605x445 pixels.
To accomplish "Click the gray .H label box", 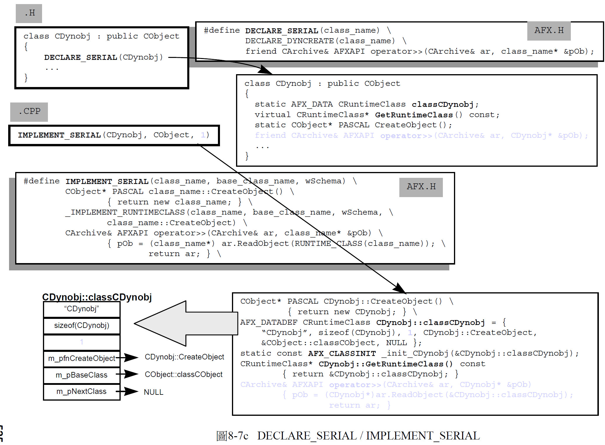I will (29, 13).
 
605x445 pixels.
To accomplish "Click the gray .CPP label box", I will (29, 112).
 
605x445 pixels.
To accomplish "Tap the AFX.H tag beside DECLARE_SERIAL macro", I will (549, 31).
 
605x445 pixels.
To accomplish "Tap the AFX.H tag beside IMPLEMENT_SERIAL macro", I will (421, 187).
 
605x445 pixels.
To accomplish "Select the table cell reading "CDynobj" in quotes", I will (82, 309).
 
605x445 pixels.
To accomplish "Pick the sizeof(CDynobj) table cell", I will (82, 326).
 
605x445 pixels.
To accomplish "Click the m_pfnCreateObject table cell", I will (82, 359).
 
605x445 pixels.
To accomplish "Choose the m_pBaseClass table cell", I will (82, 375).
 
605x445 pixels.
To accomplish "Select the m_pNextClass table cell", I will (82, 392).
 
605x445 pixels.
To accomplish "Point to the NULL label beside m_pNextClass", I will (153, 392).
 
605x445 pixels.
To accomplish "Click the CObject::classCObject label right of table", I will (183, 375).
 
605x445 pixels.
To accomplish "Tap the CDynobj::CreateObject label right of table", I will (184, 357).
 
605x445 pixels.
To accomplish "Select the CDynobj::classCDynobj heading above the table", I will (97, 297).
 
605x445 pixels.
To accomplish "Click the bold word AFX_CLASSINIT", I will (342, 354).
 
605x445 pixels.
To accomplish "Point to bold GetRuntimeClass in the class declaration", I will (414, 115).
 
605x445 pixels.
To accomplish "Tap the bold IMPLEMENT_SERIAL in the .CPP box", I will (59, 135).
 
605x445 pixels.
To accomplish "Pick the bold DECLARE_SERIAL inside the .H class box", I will (81, 58).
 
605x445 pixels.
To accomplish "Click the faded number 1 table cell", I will (82, 342).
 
